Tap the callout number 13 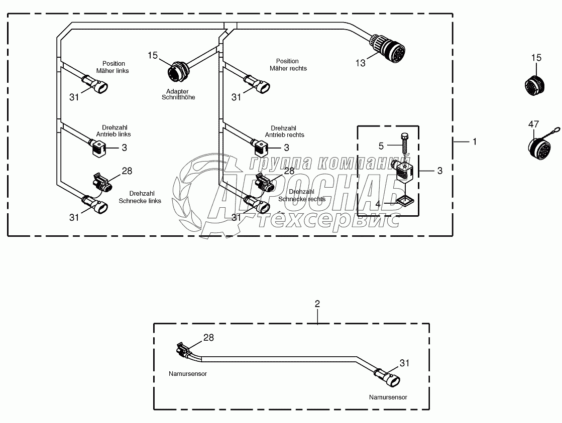coord(361,63)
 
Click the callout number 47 coord(533,124)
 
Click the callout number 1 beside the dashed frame coord(473,142)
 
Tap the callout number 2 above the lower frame coord(317,304)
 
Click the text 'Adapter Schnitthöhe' coord(178,94)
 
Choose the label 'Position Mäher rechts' coord(288,65)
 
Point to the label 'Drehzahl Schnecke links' coord(140,197)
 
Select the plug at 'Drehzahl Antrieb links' coord(98,147)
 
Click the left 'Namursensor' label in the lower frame coord(188,373)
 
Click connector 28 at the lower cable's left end coord(183,350)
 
